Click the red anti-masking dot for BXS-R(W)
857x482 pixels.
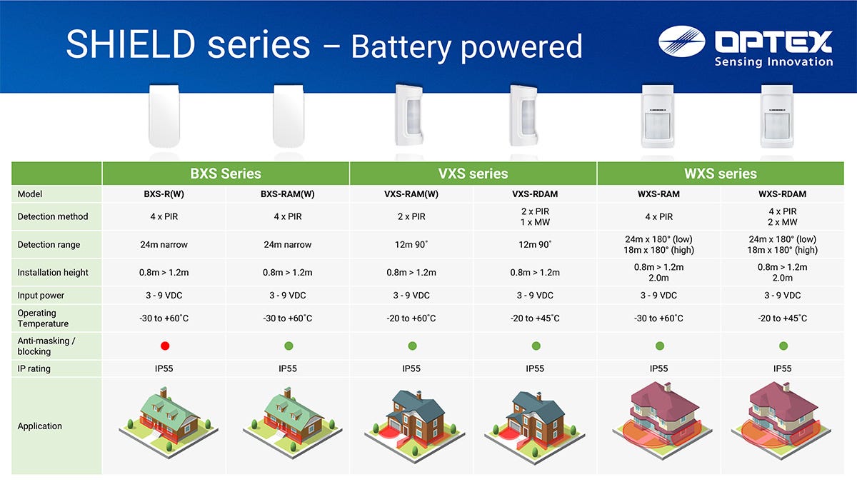(165, 346)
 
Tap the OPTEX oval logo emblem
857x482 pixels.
(682, 41)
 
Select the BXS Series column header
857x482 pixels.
(226, 174)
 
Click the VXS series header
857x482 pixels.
(473, 174)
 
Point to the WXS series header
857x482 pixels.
(721, 174)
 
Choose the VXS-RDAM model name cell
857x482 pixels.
(535, 194)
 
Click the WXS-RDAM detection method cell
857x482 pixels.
(783, 216)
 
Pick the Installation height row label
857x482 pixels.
(53, 272)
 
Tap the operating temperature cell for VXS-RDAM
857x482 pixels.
(535, 318)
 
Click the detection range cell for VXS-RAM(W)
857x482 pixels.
(411, 244)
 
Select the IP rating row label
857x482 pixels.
(34, 368)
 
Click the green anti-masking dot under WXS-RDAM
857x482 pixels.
(783, 346)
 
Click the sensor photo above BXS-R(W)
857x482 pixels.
(164, 116)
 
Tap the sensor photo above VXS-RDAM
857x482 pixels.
(523, 115)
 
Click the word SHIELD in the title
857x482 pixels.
(131, 45)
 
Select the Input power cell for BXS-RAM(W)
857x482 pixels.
(287, 296)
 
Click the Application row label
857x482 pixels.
(39, 426)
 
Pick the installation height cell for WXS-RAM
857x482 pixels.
(658, 272)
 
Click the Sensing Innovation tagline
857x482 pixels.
(773, 61)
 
